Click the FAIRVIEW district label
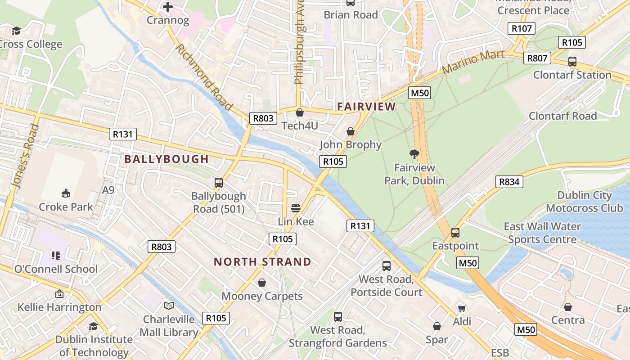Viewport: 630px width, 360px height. click(x=366, y=107)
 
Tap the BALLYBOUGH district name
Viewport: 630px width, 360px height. click(x=166, y=159)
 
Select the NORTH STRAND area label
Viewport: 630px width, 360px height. click(x=262, y=261)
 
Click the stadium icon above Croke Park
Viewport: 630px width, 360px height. click(x=66, y=193)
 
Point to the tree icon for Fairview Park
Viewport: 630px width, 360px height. click(x=414, y=154)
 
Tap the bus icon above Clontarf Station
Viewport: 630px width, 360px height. click(x=572, y=62)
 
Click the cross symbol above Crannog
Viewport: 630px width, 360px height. click(x=168, y=7)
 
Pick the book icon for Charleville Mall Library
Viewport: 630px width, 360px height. click(x=169, y=306)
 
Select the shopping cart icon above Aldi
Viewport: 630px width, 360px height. click(x=462, y=308)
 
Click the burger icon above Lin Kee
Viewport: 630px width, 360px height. click(x=296, y=208)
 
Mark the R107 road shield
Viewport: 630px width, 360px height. click(x=522, y=28)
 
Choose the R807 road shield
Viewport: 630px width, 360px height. click(x=537, y=58)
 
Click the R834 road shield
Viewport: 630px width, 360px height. click(x=509, y=182)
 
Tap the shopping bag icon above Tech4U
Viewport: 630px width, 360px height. click(x=300, y=112)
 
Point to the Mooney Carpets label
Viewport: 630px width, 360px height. click(x=262, y=296)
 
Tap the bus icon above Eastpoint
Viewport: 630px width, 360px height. click(x=455, y=233)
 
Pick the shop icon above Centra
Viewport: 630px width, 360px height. click(x=568, y=307)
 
